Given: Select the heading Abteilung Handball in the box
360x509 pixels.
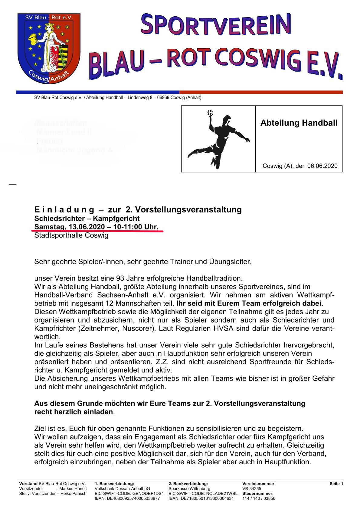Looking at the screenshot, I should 299,123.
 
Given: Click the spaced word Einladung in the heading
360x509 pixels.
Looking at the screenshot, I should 64,209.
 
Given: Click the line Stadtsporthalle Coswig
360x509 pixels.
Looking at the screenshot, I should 71,235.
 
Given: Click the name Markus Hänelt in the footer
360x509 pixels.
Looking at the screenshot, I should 73,488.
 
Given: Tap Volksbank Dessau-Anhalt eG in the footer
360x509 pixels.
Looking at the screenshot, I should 122,488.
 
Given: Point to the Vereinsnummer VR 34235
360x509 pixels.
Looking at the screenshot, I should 252,488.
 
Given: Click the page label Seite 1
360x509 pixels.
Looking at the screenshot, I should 336,484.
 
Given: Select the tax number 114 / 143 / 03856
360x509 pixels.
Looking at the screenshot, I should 259,498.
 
